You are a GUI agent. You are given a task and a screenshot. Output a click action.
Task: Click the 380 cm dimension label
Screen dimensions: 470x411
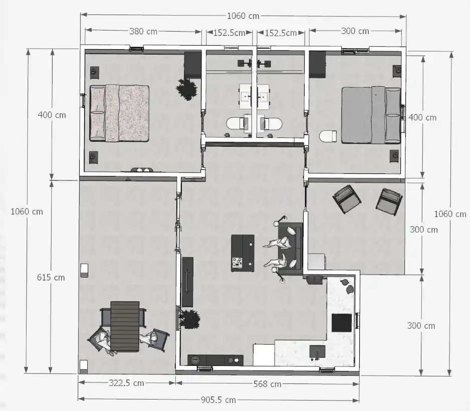click(143, 31)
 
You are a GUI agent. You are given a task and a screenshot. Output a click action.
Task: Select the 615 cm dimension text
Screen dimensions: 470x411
click(51, 277)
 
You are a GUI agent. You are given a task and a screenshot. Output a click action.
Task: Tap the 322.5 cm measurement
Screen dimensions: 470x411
click(126, 383)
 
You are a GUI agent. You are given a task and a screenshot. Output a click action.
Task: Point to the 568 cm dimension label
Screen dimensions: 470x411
click(268, 384)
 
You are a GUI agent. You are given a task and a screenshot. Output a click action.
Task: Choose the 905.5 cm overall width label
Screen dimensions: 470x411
click(218, 400)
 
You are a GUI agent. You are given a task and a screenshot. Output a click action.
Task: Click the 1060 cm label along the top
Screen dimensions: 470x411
click(243, 16)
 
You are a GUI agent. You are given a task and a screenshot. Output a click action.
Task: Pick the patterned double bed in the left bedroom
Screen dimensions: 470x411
click(119, 113)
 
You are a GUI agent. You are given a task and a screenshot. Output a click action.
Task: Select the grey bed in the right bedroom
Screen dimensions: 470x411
click(371, 115)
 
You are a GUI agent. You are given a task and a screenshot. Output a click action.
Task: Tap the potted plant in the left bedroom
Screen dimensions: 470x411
click(187, 89)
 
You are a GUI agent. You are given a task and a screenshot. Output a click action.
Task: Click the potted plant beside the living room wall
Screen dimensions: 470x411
click(190, 319)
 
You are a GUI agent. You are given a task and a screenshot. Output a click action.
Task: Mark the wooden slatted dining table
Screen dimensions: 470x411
click(125, 326)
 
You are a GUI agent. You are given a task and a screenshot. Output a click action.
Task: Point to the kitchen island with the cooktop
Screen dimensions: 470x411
click(243, 253)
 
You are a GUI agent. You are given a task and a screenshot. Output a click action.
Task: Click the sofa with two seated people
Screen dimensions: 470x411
click(290, 249)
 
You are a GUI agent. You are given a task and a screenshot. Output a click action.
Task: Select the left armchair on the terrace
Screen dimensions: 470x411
click(347, 199)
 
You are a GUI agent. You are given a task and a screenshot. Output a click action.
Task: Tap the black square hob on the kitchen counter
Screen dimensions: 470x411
click(342, 323)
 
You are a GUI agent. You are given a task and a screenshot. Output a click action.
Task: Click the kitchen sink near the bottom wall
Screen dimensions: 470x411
click(318, 352)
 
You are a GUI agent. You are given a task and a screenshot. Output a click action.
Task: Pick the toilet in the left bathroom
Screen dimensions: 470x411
click(237, 123)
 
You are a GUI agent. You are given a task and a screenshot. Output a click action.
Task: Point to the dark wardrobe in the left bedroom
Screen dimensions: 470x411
click(192, 65)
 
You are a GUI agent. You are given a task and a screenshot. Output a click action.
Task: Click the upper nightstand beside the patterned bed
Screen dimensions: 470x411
click(94, 72)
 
